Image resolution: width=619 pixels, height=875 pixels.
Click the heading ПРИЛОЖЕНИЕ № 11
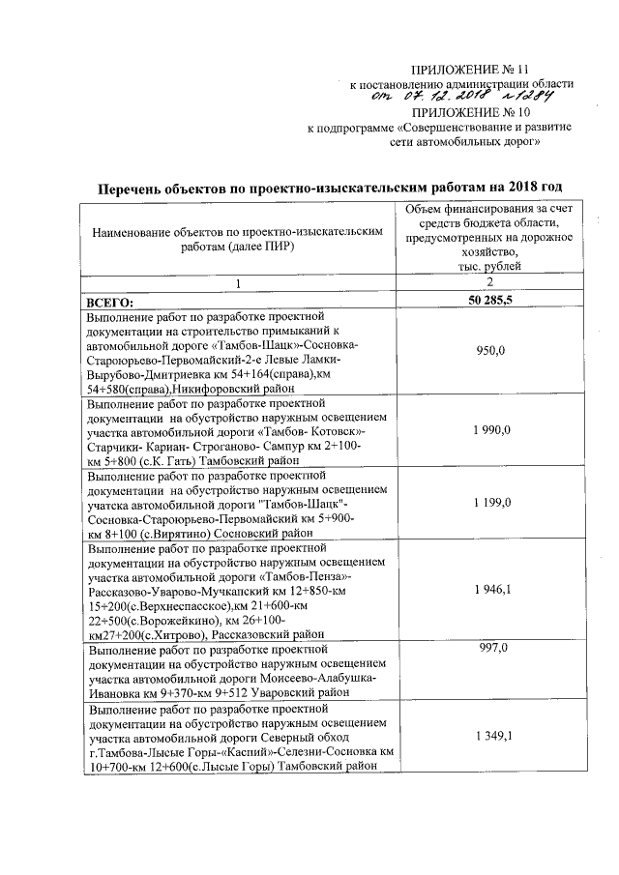pyautogui.click(x=471, y=71)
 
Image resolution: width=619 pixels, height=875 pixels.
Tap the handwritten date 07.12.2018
pyautogui.click(x=444, y=98)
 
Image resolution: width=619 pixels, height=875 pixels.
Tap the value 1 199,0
pyautogui.click(x=492, y=504)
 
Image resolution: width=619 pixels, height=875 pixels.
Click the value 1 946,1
pyautogui.click(x=493, y=587)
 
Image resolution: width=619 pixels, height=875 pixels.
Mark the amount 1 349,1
pyautogui.click(x=493, y=737)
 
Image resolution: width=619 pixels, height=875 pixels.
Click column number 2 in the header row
pyautogui.click(x=489, y=281)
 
